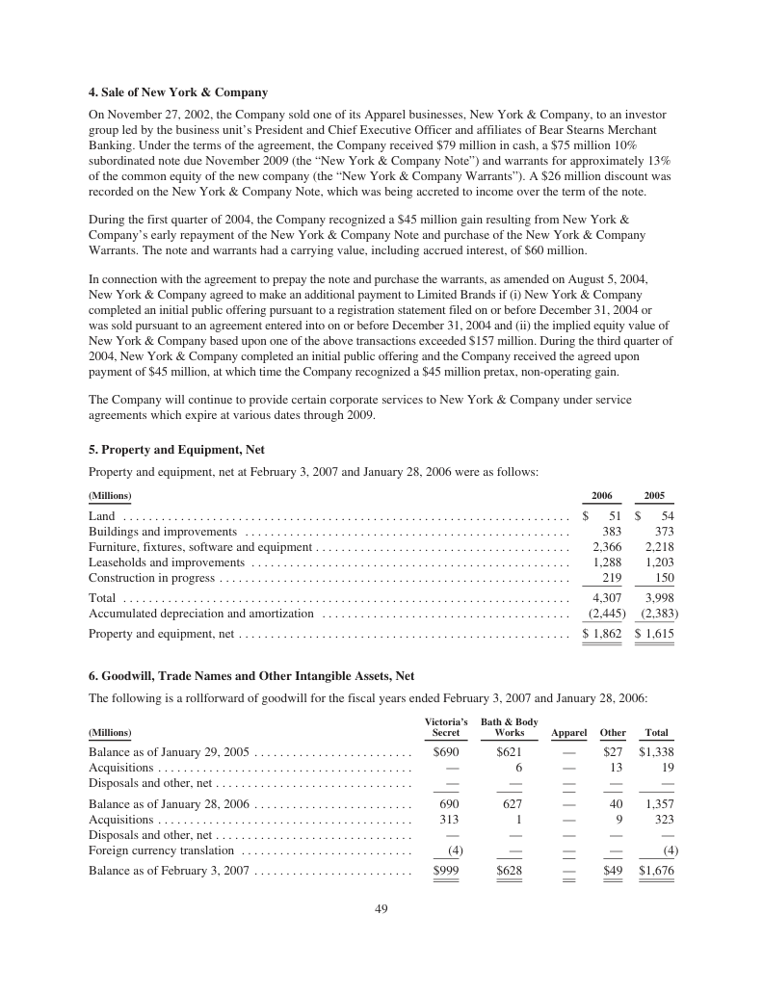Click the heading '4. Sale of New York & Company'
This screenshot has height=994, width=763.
177,92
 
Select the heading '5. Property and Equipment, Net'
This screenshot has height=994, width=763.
176,450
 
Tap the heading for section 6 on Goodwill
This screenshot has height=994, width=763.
251,676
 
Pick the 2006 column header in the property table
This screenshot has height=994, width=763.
602,495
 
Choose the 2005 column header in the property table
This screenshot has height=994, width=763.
654,495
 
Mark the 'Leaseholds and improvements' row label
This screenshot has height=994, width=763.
167,562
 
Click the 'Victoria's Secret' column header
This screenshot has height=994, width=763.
446,727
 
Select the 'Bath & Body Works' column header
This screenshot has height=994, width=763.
509,727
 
